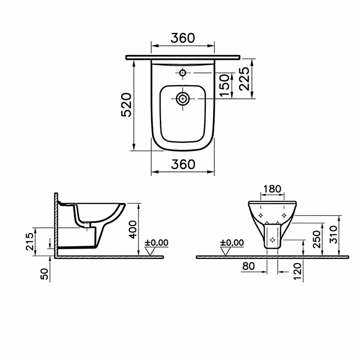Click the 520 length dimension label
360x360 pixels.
126,105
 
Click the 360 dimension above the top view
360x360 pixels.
183,38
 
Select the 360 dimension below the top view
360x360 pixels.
183,164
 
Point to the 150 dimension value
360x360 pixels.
224,85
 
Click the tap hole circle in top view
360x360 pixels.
183,73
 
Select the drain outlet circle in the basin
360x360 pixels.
183,99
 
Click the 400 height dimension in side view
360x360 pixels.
133,229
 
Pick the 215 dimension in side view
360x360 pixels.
30,242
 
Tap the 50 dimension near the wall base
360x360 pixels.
45,274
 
